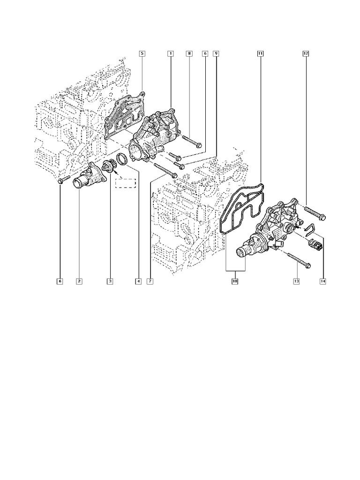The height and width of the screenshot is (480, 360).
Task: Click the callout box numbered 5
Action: (142, 54)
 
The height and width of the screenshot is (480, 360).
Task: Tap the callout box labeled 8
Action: (189, 54)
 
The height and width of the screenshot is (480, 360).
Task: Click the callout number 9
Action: (216, 54)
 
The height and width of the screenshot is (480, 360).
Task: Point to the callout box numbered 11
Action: (260, 54)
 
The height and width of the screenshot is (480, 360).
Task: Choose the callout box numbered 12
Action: (305, 54)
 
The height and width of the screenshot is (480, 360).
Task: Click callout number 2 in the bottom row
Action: (79, 281)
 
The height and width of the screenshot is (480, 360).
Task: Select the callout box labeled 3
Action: (110, 281)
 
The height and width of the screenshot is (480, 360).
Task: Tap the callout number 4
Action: (138, 281)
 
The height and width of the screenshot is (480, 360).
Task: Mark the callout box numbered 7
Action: (150, 281)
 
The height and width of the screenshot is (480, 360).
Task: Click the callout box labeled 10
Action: (235, 281)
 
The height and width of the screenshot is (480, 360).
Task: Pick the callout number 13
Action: (296, 281)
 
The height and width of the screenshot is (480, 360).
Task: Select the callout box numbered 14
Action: (322, 281)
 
